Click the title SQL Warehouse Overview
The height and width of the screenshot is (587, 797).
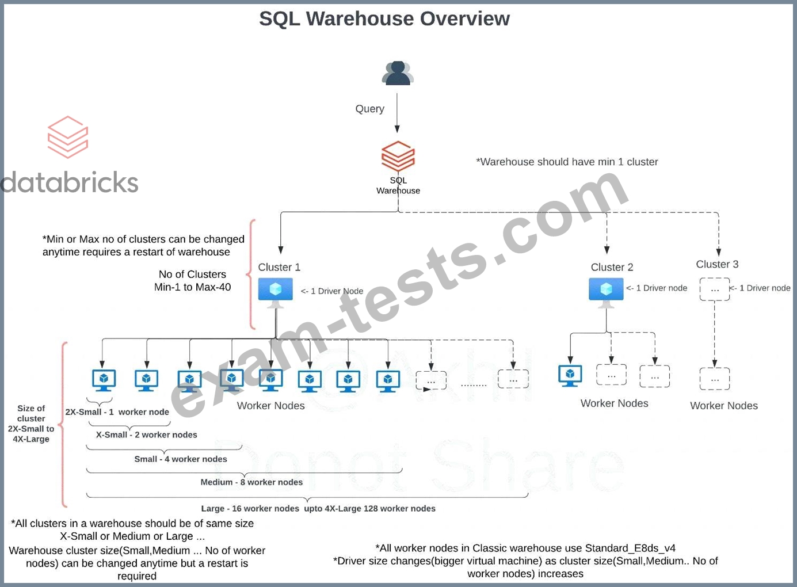tap(384, 19)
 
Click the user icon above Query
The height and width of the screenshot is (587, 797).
tap(397, 73)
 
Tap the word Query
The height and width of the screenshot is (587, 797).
tap(369, 109)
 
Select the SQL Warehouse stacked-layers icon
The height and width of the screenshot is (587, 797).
tap(398, 155)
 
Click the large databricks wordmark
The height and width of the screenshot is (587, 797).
tap(69, 182)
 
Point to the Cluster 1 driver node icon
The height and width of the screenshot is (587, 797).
tap(275, 291)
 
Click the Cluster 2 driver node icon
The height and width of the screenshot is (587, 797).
tap(606, 290)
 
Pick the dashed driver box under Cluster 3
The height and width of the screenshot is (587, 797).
tap(714, 289)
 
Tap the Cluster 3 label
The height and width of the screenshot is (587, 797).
tap(717, 264)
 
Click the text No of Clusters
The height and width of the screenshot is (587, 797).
tap(192, 275)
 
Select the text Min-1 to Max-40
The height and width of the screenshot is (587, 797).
tap(192, 287)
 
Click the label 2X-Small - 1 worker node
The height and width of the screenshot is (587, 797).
tap(117, 412)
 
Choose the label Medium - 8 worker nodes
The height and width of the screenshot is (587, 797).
tap(251, 482)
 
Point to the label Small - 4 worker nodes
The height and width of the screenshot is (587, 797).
tap(181, 459)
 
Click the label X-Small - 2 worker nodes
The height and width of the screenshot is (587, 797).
tap(146, 435)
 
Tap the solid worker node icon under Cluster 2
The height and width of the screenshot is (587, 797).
tap(570, 375)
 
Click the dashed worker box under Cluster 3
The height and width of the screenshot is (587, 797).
tap(714, 379)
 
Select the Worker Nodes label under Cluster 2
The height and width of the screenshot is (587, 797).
tap(614, 403)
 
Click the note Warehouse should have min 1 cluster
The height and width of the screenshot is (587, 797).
tap(567, 162)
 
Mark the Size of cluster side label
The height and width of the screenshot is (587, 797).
tap(31, 424)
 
